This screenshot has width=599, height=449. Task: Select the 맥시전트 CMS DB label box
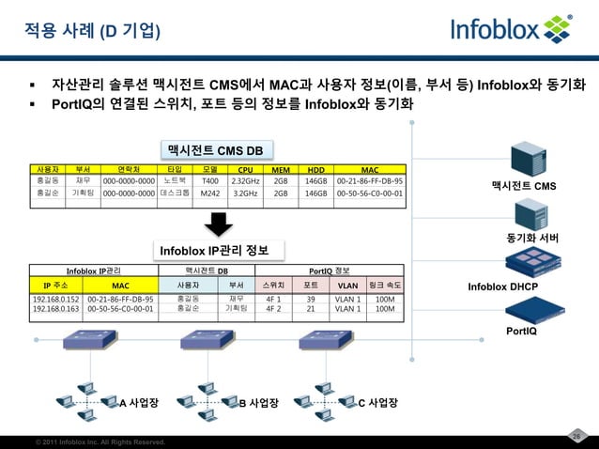[215, 150]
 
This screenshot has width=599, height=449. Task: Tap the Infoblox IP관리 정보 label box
[215, 251]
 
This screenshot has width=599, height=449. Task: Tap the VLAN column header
[346, 283]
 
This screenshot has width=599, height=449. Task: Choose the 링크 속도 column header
[384, 283]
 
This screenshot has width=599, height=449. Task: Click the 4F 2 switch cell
[274, 307]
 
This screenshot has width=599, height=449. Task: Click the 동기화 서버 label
[532, 238]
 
